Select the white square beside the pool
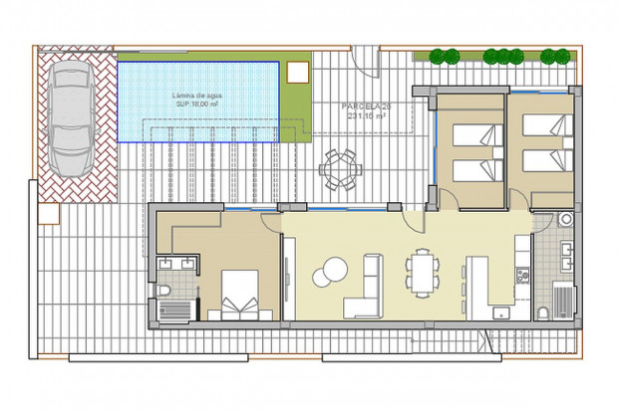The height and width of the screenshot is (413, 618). click(295, 74)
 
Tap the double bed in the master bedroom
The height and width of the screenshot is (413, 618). click(239, 294)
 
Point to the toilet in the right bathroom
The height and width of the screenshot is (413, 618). click(542, 311)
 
